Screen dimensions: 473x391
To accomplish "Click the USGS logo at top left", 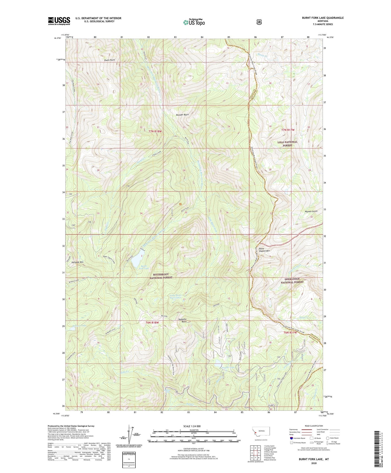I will pyautogui.click(x=59, y=21).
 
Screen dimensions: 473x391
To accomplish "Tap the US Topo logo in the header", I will pyautogui.click(x=194, y=22).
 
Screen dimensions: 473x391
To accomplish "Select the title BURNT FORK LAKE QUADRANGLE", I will pyautogui.click(x=323, y=18).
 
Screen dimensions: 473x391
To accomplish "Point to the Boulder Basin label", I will pyautogui.click(x=180, y=115).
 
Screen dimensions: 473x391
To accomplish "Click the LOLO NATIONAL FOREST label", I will pyautogui.click(x=287, y=144).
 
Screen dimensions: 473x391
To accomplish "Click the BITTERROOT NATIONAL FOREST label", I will pyautogui.click(x=161, y=276).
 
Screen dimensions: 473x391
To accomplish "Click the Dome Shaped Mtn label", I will pyautogui.click(x=264, y=250).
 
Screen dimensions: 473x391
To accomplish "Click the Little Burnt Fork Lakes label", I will pyautogui.click(x=175, y=296).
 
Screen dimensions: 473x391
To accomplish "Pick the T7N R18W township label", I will pyautogui.click(x=155, y=131).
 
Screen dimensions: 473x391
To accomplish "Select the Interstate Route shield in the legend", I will pyautogui.click(x=291, y=438).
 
